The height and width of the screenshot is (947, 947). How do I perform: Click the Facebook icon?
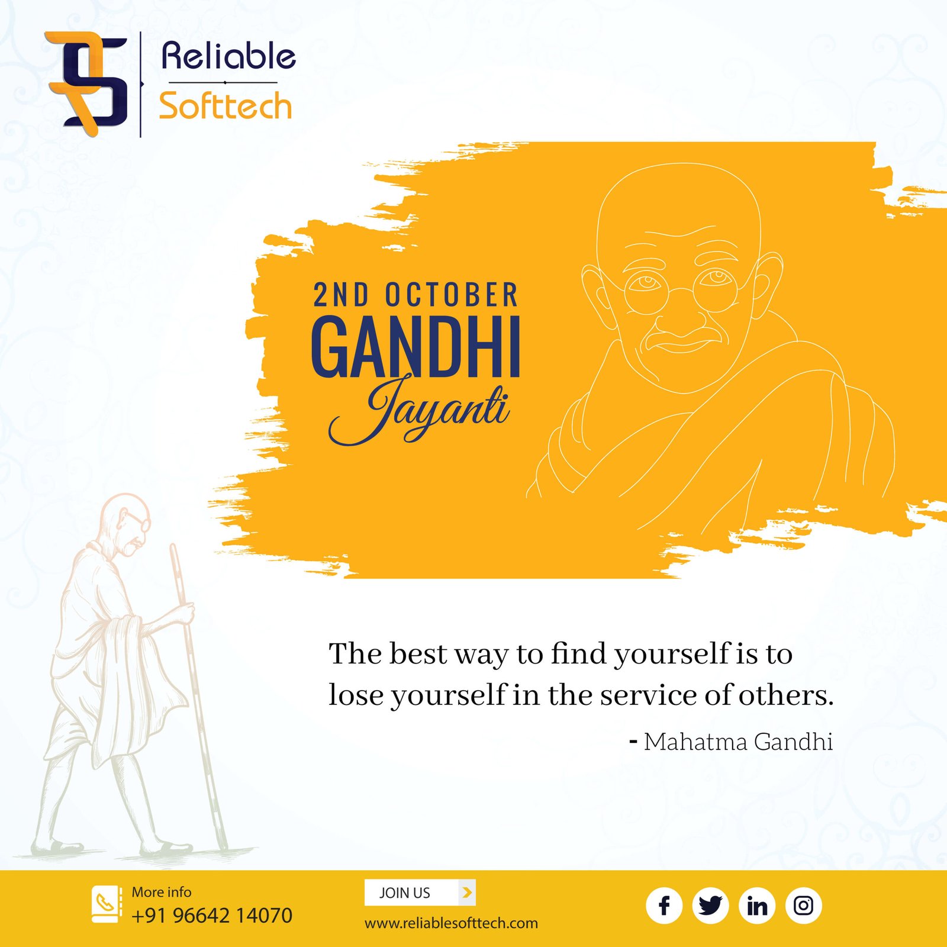663,906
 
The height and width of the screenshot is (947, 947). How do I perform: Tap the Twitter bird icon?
710,906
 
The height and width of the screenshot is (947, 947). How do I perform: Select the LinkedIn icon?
757,906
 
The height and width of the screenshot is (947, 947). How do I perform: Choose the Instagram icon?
803,906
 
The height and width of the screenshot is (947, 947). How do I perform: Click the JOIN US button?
420,893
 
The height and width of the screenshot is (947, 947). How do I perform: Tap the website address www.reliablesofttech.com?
451,923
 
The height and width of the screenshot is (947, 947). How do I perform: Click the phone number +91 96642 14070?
212,916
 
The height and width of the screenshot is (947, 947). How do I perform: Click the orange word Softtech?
226,106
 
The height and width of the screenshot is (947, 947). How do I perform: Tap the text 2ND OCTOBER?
415,295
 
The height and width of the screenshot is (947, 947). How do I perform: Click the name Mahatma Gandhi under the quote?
738,742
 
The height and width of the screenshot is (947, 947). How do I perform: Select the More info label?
162,892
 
